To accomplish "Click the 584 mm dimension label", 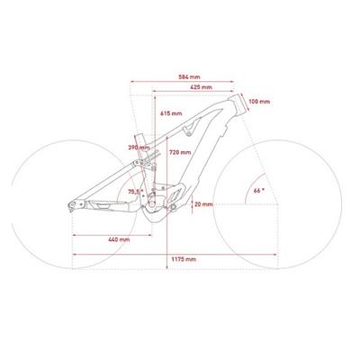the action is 189,77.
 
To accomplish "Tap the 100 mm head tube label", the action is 259,102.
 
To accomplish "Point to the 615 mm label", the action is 171,113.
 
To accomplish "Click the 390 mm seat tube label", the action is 139,148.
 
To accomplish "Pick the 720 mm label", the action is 180,152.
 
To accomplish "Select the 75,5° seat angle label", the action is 134,192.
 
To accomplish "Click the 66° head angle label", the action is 259,191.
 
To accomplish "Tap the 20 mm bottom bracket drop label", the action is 203,204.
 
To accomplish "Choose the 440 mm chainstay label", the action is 119,239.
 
